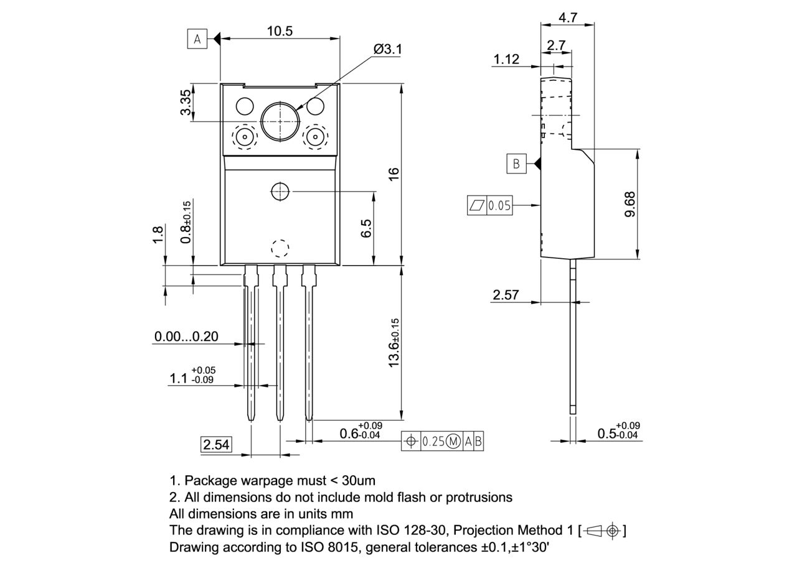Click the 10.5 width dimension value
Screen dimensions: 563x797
280,30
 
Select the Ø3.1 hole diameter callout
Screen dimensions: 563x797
387,49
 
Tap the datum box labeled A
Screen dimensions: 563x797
197,39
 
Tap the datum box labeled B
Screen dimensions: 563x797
516,164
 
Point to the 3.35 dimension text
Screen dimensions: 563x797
186,103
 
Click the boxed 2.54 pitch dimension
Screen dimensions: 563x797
216,444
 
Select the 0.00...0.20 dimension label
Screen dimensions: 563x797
186,337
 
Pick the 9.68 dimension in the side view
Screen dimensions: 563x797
629,204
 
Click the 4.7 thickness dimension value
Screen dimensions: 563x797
567,17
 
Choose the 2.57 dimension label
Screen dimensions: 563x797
506,295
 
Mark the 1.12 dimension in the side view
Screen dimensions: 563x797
506,59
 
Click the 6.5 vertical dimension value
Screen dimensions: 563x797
366,228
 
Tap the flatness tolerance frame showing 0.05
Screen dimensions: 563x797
489,205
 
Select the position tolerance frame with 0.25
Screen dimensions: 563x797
443,441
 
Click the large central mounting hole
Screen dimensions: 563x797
280,121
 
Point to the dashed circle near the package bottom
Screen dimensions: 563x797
280,248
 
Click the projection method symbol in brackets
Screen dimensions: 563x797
602,531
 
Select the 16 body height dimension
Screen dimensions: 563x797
394,175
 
